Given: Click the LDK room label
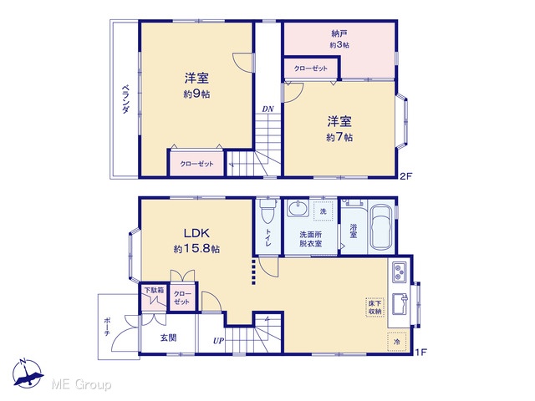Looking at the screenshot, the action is [x=196, y=233].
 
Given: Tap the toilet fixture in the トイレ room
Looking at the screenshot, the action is [x=268, y=211].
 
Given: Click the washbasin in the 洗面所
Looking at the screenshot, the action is [x=298, y=208].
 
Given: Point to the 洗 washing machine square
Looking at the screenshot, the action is [x=323, y=211].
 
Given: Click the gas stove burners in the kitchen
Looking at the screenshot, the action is [x=400, y=272].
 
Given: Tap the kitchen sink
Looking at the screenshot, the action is [x=400, y=303].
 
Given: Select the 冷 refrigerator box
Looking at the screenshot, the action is [x=397, y=342].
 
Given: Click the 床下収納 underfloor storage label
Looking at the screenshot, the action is [x=375, y=307].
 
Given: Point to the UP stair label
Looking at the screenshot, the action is [x=218, y=341].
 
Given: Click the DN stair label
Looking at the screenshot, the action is [x=267, y=109].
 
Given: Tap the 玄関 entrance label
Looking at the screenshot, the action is [x=169, y=338].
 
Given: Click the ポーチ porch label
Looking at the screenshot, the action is [x=107, y=327].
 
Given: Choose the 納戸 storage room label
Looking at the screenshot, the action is [x=339, y=33].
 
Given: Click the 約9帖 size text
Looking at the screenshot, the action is [x=196, y=94].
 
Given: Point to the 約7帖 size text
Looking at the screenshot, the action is [x=339, y=137].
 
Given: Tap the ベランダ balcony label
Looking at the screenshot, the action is [x=125, y=99].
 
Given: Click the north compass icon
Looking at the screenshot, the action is [x=28, y=373].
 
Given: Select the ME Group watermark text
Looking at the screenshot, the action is [x=81, y=385].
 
